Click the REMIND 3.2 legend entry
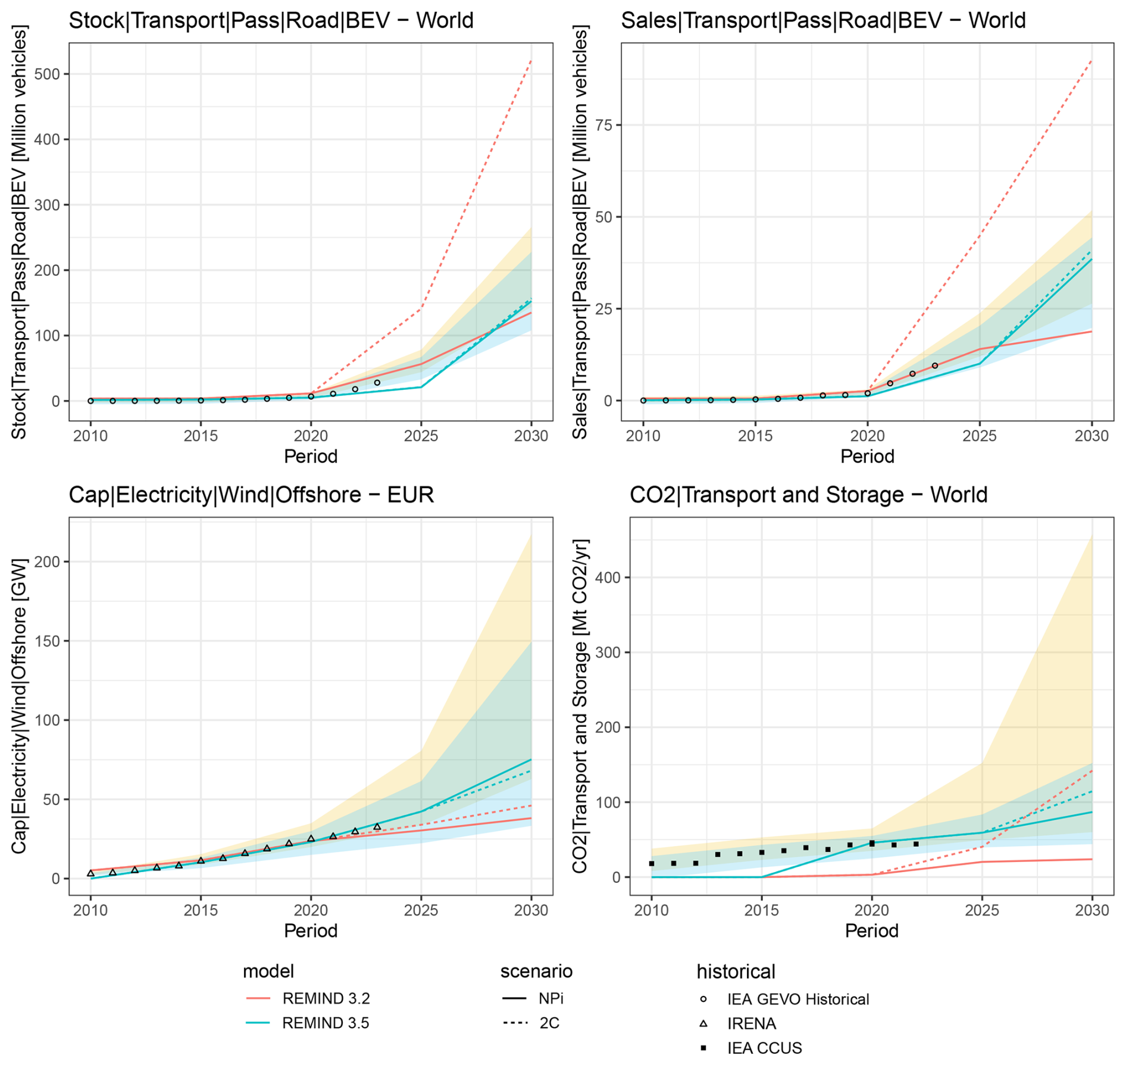pos(326,998)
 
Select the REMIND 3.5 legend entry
pos(326,1023)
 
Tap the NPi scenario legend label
pos(551,998)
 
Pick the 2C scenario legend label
pos(549,1023)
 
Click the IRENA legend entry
pos(751,1023)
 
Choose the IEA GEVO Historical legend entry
pos(797,999)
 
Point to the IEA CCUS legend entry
pos(764,1048)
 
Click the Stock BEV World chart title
pos(271,21)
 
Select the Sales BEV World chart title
pos(823,21)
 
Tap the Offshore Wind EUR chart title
pos(251,495)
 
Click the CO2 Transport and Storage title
pos(808,495)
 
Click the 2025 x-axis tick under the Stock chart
pos(421,436)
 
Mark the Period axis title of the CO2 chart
pos(871,930)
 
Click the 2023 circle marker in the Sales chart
pos(935,366)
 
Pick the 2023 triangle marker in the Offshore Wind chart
pos(377,827)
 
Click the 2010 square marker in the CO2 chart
pos(652,863)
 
